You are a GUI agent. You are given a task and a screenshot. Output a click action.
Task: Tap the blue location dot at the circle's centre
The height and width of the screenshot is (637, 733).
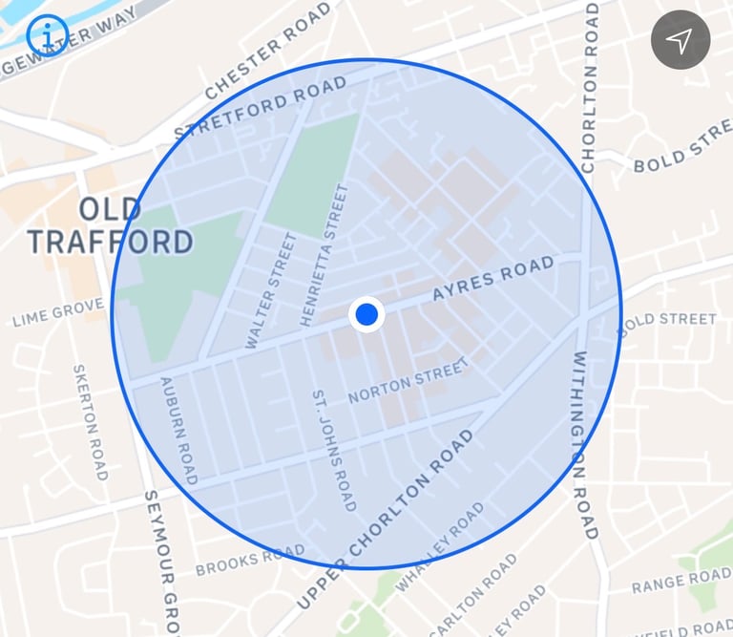[366, 314]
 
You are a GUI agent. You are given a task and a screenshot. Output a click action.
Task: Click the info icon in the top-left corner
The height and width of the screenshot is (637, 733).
[47, 35]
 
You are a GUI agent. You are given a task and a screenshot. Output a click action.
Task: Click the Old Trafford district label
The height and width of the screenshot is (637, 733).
[110, 226]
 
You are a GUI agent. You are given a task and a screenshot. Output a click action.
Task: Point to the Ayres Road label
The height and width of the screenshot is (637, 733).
[492, 279]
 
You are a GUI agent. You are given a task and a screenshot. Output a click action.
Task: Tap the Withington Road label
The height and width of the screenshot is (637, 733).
[583, 445]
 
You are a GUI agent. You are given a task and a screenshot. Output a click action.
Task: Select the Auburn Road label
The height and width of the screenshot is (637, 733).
[178, 430]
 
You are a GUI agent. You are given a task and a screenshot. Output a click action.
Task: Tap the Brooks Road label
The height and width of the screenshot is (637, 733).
[250, 562]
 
